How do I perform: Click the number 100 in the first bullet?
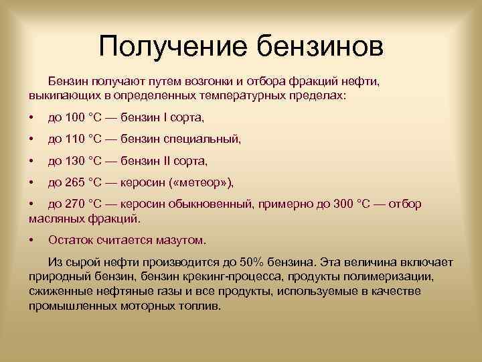pos(74,118)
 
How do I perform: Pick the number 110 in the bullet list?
pos(74,139)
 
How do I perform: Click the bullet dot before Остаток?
pos(32,239)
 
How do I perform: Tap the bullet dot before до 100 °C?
pos(32,118)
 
